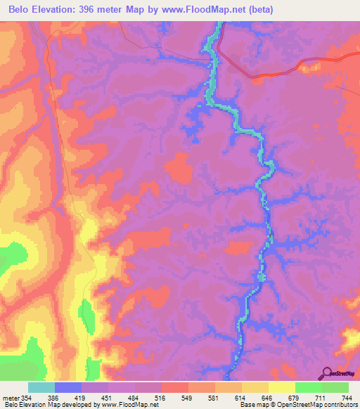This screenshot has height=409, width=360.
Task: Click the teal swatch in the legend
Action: tap(41, 387)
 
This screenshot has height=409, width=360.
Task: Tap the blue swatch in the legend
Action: tap(67, 387)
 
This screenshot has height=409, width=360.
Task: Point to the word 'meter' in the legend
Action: tap(11, 398)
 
